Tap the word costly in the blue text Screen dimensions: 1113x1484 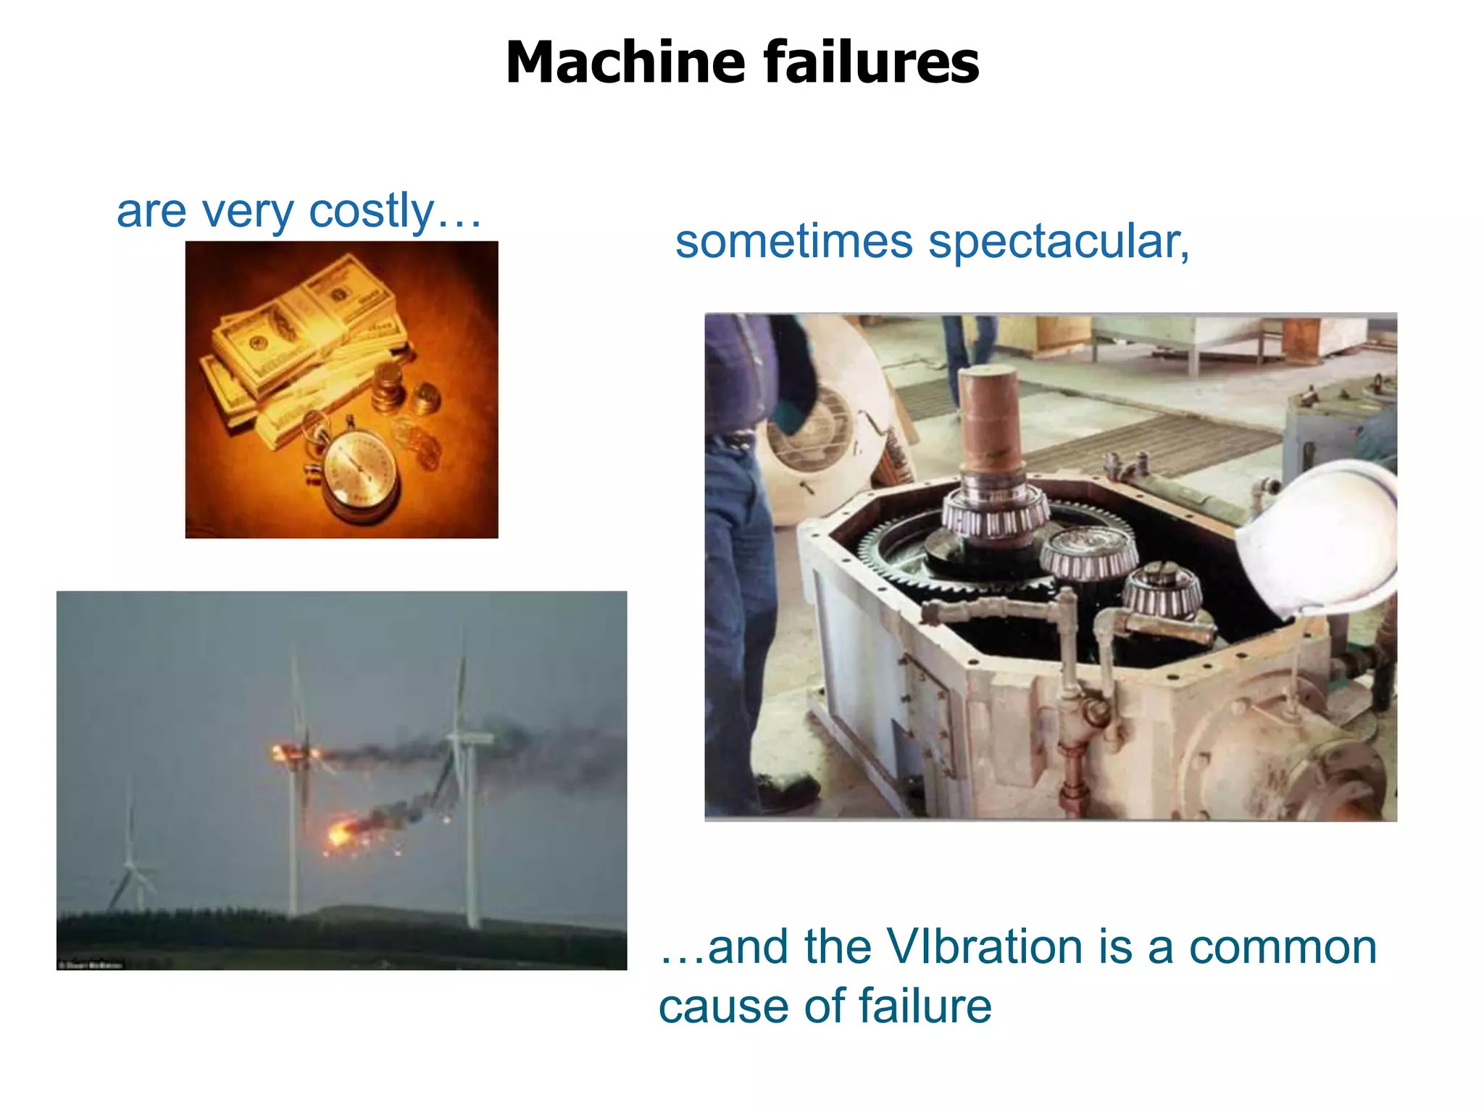tap(372, 211)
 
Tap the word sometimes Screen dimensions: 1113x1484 tap(794, 241)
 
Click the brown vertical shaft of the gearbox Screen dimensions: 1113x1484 tap(991, 420)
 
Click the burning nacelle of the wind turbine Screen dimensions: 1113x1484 tap(293, 753)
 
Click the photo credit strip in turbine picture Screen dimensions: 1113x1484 tap(91, 964)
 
